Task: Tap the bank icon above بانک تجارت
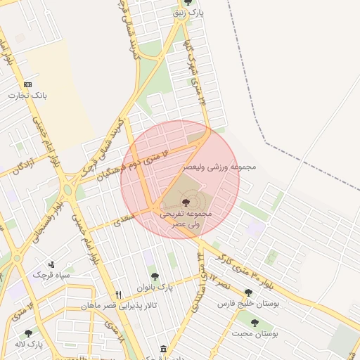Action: (28, 84)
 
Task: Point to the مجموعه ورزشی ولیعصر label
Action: (219, 167)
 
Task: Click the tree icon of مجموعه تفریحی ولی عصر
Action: (185, 202)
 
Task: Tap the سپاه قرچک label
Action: (54, 275)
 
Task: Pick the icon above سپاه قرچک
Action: (51, 264)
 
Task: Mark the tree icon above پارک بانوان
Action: (155, 276)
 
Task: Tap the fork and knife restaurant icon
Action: (119, 295)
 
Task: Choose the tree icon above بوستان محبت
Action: (255, 323)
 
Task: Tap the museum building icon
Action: (163, 349)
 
